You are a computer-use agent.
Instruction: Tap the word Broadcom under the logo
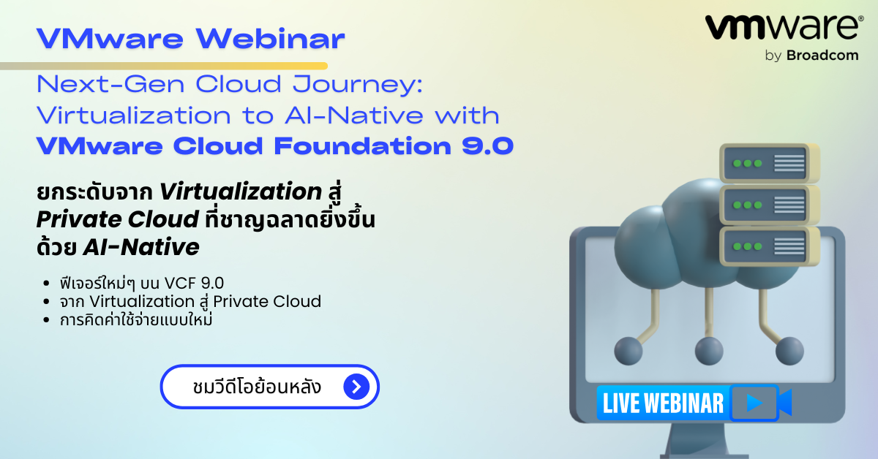[822, 56]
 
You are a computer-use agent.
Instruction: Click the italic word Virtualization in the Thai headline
[241, 192]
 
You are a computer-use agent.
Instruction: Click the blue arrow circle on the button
[356, 387]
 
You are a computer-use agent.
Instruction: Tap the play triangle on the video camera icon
[754, 403]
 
